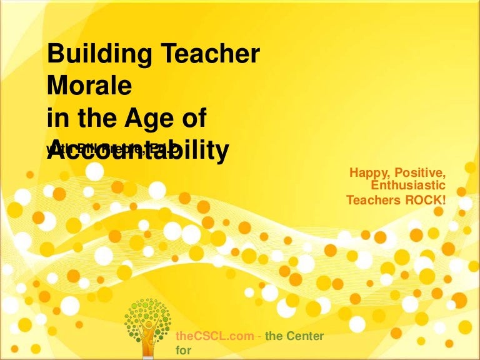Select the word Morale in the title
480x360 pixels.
(x=89, y=87)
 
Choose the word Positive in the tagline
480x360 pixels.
(x=422, y=171)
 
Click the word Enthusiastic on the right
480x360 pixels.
(x=408, y=186)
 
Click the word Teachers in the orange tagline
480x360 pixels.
(x=374, y=200)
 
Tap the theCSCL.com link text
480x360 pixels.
(x=216, y=336)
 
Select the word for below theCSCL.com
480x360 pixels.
(x=184, y=351)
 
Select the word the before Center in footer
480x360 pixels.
(x=274, y=336)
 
